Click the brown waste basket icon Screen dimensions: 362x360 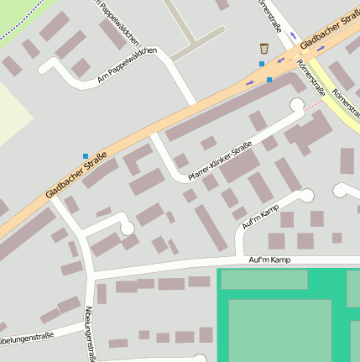(x=264, y=49)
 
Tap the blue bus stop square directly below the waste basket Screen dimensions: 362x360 (x=262, y=64)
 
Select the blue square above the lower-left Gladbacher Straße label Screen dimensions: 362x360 (x=85, y=155)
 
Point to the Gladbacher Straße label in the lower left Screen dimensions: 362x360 (x=76, y=176)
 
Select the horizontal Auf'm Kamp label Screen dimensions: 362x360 (x=269, y=260)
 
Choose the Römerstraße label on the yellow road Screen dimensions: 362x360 (x=345, y=101)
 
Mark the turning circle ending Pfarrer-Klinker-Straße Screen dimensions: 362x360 (x=296, y=106)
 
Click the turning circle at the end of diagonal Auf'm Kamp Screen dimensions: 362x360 (x=306, y=196)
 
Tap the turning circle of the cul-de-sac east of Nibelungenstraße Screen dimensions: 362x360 (x=127, y=228)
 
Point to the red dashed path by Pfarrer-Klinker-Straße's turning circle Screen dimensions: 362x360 (x=312, y=107)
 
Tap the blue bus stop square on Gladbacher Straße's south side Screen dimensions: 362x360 (x=269, y=80)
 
